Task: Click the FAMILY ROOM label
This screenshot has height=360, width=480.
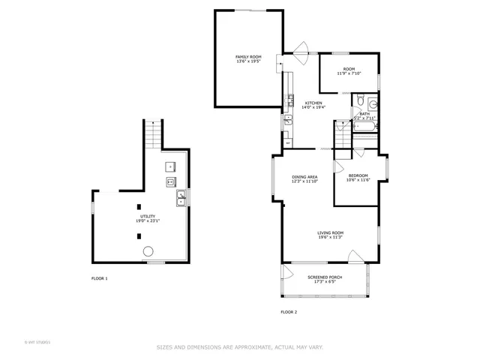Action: tap(247, 57)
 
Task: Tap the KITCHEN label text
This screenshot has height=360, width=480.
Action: tap(313, 103)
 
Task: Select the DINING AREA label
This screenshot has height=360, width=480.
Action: tap(304, 177)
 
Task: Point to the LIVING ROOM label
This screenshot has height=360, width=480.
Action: tap(329, 232)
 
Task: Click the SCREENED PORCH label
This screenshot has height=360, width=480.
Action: tap(324, 277)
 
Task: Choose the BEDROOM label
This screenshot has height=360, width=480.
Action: tap(357, 175)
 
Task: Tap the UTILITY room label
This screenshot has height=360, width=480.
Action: tap(137, 216)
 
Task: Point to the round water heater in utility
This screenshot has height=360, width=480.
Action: tap(148, 251)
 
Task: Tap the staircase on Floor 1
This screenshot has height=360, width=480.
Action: tap(153, 136)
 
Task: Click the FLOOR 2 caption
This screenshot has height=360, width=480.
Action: tap(289, 311)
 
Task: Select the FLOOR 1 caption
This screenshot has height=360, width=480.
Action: tap(100, 278)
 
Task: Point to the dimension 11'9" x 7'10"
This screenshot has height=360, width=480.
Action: tap(349, 73)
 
